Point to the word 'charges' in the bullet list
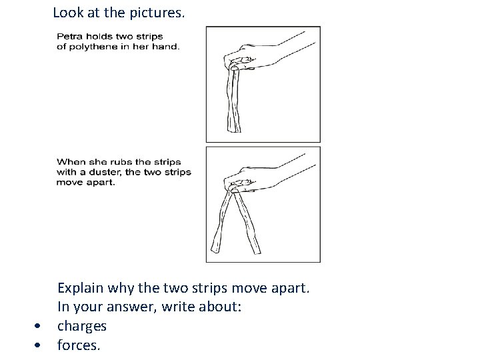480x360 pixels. (81, 326)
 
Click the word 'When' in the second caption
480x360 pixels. (69, 161)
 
